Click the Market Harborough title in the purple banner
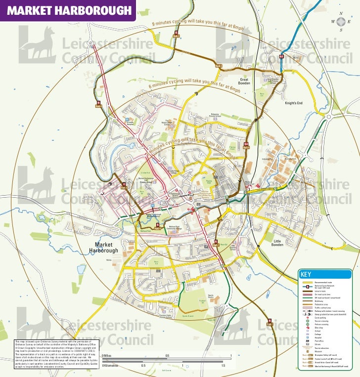[69, 10]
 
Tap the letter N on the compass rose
[341, 13]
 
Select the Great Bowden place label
[244, 81]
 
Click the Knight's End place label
[293, 103]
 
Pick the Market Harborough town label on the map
[104, 248]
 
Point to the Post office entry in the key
[319, 341]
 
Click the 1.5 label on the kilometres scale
[224, 366]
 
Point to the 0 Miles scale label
[106, 356]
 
